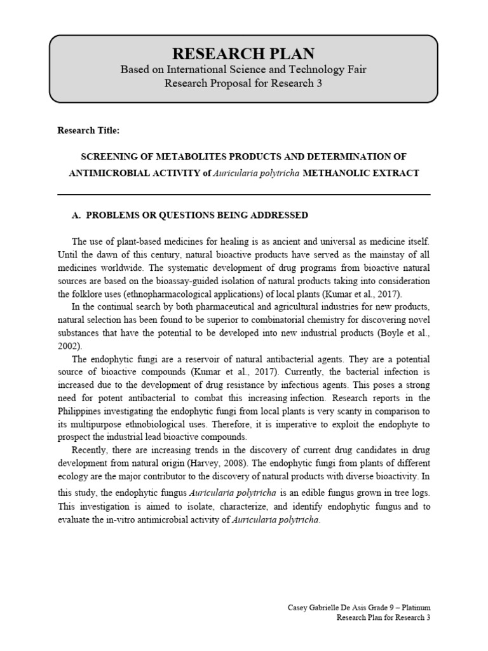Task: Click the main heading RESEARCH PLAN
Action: click(243, 53)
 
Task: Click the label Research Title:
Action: click(88, 130)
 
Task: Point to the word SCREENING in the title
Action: click(109, 156)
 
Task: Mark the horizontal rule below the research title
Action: click(243, 194)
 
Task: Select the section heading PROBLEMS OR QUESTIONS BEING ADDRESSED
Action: click(196, 216)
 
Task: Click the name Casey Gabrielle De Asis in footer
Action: click(325, 609)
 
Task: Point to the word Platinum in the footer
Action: click(413, 609)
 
